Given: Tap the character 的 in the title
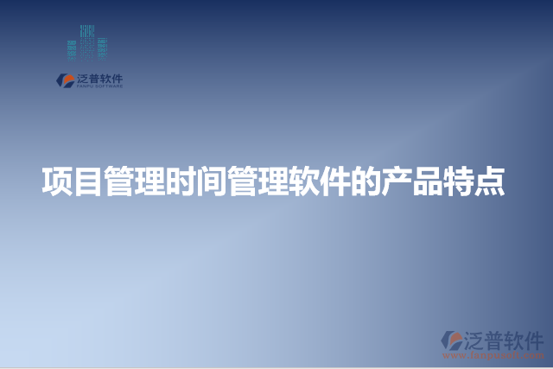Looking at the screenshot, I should click(367, 182).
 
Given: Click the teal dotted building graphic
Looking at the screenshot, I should click(88, 45).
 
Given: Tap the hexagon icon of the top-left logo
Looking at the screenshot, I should click(65, 80).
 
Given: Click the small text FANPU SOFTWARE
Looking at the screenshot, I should click(100, 86).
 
